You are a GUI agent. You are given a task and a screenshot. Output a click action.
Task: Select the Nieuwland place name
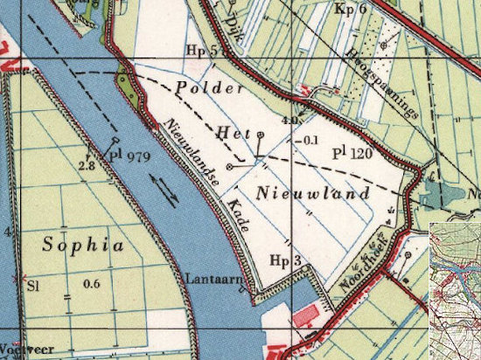point(303,191)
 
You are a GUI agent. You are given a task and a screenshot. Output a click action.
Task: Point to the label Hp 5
point(200,51)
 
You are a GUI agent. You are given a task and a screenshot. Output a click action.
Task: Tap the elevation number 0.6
point(91,284)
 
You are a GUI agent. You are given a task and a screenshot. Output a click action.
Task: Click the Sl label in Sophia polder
point(33,285)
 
